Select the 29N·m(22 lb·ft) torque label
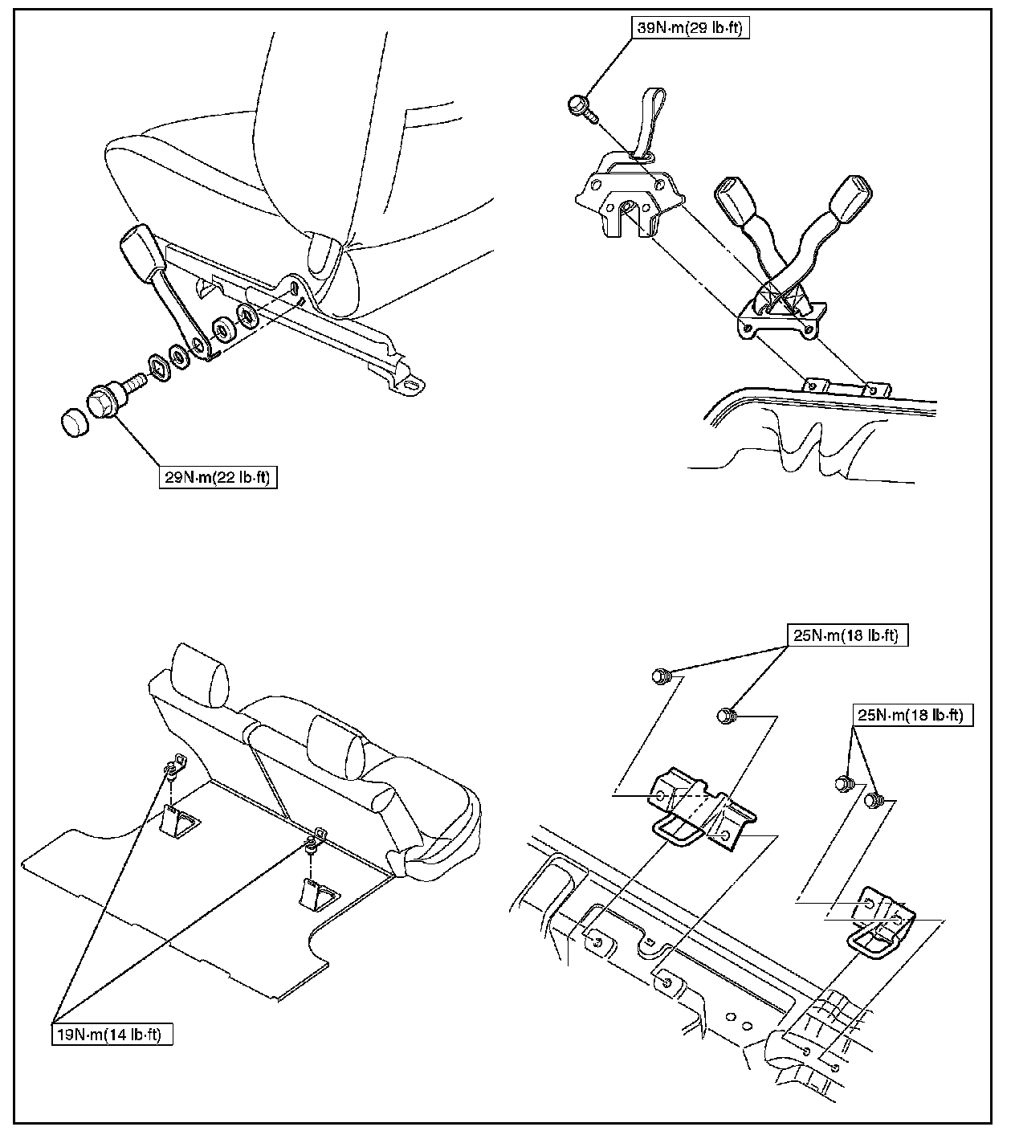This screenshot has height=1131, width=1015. [217, 478]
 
